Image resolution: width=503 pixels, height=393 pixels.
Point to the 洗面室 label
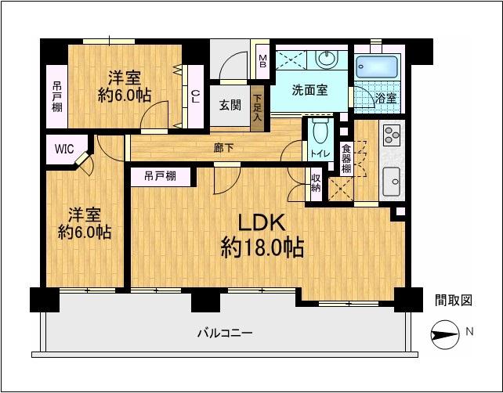click(310, 90)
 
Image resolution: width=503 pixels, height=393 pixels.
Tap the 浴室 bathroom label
click(384, 99)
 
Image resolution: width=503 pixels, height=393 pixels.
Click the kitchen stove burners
click(390, 135)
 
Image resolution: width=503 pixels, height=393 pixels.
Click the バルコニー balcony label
click(224, 334)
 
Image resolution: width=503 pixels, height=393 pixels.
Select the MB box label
click(263, 58)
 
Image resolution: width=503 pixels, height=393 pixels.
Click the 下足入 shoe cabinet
click(257, 109)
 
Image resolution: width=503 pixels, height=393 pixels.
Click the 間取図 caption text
click(454, 300)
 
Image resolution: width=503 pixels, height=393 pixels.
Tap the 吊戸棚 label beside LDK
click(159, 177)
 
